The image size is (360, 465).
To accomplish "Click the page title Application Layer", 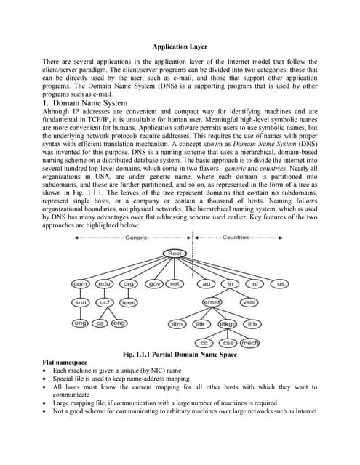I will click(x=180, y=46).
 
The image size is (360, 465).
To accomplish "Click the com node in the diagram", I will click(x=80, y=283).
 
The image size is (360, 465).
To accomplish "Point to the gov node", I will click(x=153, y=283).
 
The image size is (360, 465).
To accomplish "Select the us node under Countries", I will click(x=281, y=283).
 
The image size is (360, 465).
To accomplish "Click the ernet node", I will click(x=212, y=302).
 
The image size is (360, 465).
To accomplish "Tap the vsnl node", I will click(x=249, y=302).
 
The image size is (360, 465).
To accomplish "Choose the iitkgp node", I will click(x=228, y=323).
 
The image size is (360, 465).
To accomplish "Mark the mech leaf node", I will click(x=250, y=342).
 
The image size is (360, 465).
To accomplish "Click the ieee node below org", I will click(x=129, y=302).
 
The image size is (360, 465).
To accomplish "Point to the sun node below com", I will click(x=80, y=302).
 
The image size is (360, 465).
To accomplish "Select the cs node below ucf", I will click(x=100, y=323).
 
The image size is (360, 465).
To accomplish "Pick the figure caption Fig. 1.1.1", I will click(x=180, y=354).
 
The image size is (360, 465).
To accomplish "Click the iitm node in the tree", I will click(x=177, y=323).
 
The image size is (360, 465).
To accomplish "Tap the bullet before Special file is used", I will click(x=46, y=379).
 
